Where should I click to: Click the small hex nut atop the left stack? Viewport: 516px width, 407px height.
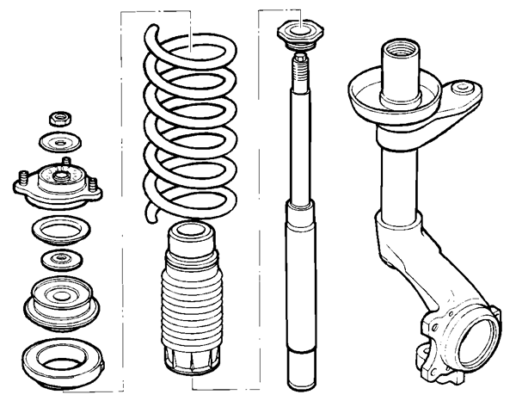click(x=60, y=117)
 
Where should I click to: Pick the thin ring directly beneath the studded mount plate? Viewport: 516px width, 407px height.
click(x=61, y=231)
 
